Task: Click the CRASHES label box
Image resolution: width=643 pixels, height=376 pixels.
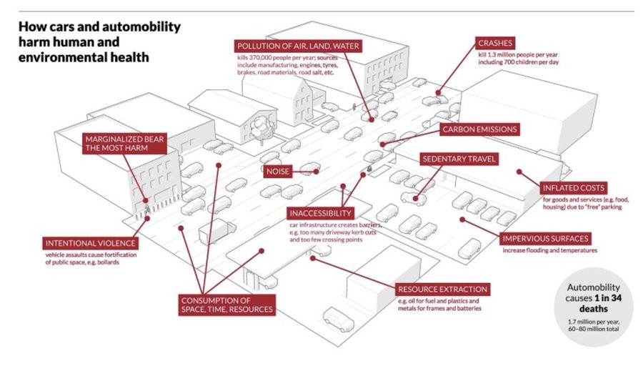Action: click(x=495, y=43)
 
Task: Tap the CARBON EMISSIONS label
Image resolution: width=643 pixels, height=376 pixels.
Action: click(x=479, y=129)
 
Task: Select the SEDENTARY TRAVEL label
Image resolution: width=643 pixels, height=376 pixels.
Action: click(x=459, y=159)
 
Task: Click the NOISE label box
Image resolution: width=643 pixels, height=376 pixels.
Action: click(x=278, y=171)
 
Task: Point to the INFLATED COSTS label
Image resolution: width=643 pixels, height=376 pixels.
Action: click(x=573, y=188)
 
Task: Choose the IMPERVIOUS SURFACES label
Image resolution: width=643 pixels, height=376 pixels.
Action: click(x=545, y=239)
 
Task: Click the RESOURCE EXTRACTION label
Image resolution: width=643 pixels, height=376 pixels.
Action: click(x=442, y=290)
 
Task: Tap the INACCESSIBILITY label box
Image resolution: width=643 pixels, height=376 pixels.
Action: click(x=321, y=213)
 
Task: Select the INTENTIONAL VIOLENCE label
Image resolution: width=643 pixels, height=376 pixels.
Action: click(x=90, y=244)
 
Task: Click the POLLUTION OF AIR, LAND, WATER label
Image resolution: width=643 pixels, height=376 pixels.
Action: click(x=298, y=46)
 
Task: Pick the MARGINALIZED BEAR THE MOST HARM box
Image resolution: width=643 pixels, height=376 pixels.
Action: click(x=124, y=144)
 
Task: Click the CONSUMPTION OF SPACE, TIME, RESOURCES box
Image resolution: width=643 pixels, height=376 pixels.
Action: click(x=226, y=305)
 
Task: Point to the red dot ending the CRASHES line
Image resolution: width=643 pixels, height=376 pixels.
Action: click(x=439, y=93)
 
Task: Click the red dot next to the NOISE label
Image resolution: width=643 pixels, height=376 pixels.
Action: click(x=316, y=172)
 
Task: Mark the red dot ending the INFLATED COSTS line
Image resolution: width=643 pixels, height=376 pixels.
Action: click(x=519, y=172)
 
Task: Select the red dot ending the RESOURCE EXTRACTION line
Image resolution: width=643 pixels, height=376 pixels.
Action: click(x=312, y=258)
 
